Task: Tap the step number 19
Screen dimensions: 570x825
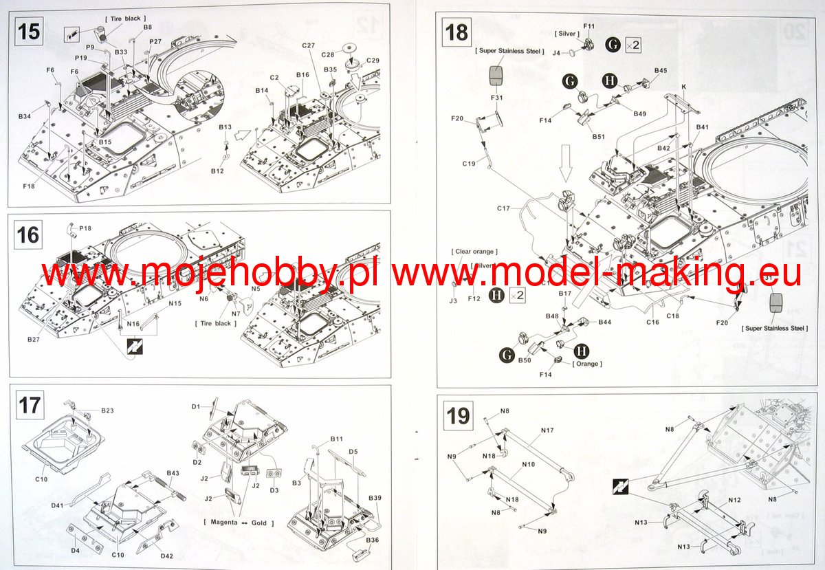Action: (x=459, y=416)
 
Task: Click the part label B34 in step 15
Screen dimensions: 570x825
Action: (x=25, y=117)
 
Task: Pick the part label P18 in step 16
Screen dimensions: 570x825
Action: (x=85, y=228)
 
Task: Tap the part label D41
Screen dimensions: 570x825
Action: (x=57, y=505)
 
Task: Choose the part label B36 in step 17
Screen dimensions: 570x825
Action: (x=373, y=540)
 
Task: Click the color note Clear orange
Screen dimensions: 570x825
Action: (x=474, y=252)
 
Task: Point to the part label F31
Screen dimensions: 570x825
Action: (x=497, y=97)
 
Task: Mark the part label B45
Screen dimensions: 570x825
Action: (x=661, y=70)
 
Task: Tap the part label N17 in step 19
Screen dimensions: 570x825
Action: (x=547, y=431)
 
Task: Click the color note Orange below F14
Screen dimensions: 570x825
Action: (x=586, y=364)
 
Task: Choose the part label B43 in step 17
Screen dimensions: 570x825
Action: (x=173, y=473)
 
